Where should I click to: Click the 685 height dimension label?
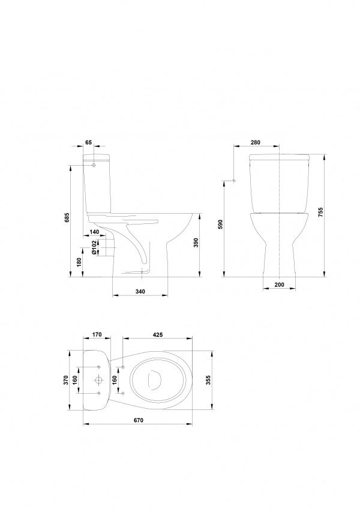point(67,217)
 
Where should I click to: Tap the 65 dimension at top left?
point(89,142)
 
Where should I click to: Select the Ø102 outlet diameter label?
point(94,248)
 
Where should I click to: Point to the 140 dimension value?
point(94,232)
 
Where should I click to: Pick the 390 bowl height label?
point(196,242)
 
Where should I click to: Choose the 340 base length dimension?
point(140,292)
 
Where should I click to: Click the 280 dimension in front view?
point(256,142)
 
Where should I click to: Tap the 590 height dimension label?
point(220,224)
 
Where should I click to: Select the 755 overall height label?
point(321,212)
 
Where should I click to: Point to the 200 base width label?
point(279,285)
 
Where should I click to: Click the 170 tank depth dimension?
point(97,334)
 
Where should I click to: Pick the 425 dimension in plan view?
point(157,334)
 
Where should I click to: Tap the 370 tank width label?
point(65,380)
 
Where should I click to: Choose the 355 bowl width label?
point(209,380)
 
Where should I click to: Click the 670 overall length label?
point(138,420)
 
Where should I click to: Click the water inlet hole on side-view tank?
point(94,165)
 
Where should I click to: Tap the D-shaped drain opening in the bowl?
point(155,379)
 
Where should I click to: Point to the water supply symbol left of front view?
point(234,180)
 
